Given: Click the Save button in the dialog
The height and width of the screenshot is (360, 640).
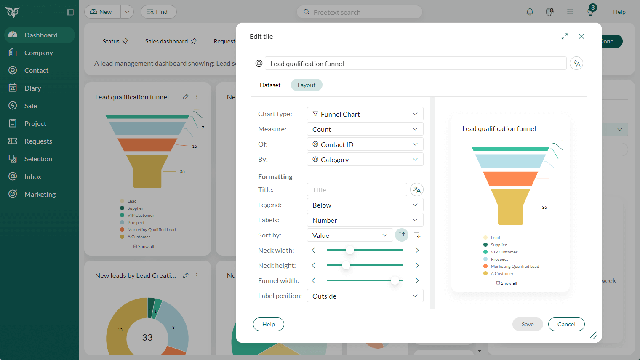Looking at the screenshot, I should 527,324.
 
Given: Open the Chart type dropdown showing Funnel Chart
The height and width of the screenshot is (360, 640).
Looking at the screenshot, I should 365,114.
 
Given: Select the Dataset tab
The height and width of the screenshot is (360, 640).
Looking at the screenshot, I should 270,85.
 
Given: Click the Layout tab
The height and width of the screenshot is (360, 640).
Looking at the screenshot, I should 307,85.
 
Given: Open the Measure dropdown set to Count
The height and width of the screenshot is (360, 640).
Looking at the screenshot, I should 365,129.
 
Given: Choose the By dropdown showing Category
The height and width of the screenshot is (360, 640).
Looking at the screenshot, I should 365,160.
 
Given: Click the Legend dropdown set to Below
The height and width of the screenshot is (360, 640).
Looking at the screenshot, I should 365,205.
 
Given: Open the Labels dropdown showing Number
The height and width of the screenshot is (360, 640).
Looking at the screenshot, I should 365,220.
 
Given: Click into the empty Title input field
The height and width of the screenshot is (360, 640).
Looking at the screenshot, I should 357,190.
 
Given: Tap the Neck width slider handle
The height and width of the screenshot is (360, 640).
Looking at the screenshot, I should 349,251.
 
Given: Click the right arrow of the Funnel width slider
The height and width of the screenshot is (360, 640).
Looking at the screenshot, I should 417,281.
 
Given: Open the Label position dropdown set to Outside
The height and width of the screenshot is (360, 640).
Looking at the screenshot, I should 365,296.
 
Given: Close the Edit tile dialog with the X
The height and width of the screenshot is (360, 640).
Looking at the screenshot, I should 581,37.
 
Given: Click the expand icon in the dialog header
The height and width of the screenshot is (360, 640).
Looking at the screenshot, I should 565,37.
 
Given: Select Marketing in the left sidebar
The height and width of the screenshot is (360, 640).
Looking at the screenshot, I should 40,194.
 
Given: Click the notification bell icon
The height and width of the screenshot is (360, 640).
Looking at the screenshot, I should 530,12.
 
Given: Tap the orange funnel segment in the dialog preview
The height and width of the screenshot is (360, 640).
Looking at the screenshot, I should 510,179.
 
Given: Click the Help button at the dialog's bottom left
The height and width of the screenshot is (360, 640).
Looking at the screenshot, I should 268,324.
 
